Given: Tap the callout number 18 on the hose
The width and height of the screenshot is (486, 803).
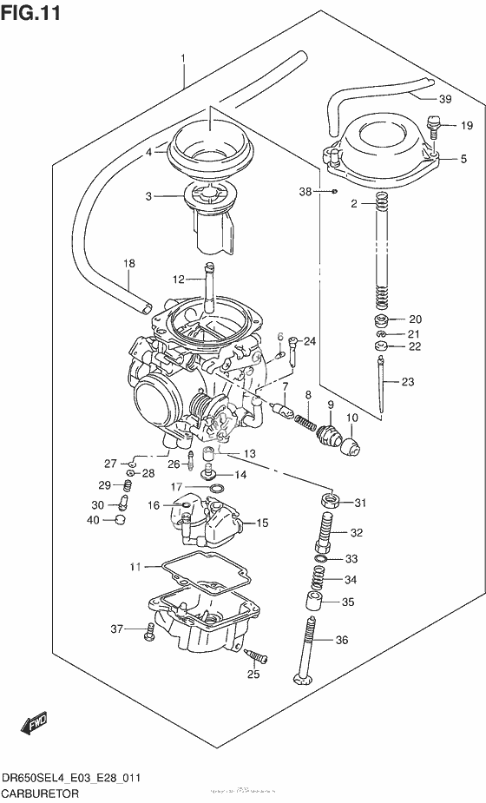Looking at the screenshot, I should [129, 263].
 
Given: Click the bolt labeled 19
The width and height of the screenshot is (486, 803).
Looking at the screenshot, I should [437, 127].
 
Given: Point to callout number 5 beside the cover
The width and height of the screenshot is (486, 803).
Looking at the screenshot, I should [463, 159].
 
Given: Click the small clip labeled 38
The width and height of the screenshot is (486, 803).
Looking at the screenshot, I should [334, 190].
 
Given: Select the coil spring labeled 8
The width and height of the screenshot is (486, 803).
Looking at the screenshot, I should [304, 421].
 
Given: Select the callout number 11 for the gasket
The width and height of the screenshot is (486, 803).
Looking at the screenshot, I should [135, 567].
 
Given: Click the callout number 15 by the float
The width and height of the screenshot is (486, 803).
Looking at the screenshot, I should [262, 523].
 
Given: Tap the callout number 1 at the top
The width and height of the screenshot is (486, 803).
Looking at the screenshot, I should [183, 59].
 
